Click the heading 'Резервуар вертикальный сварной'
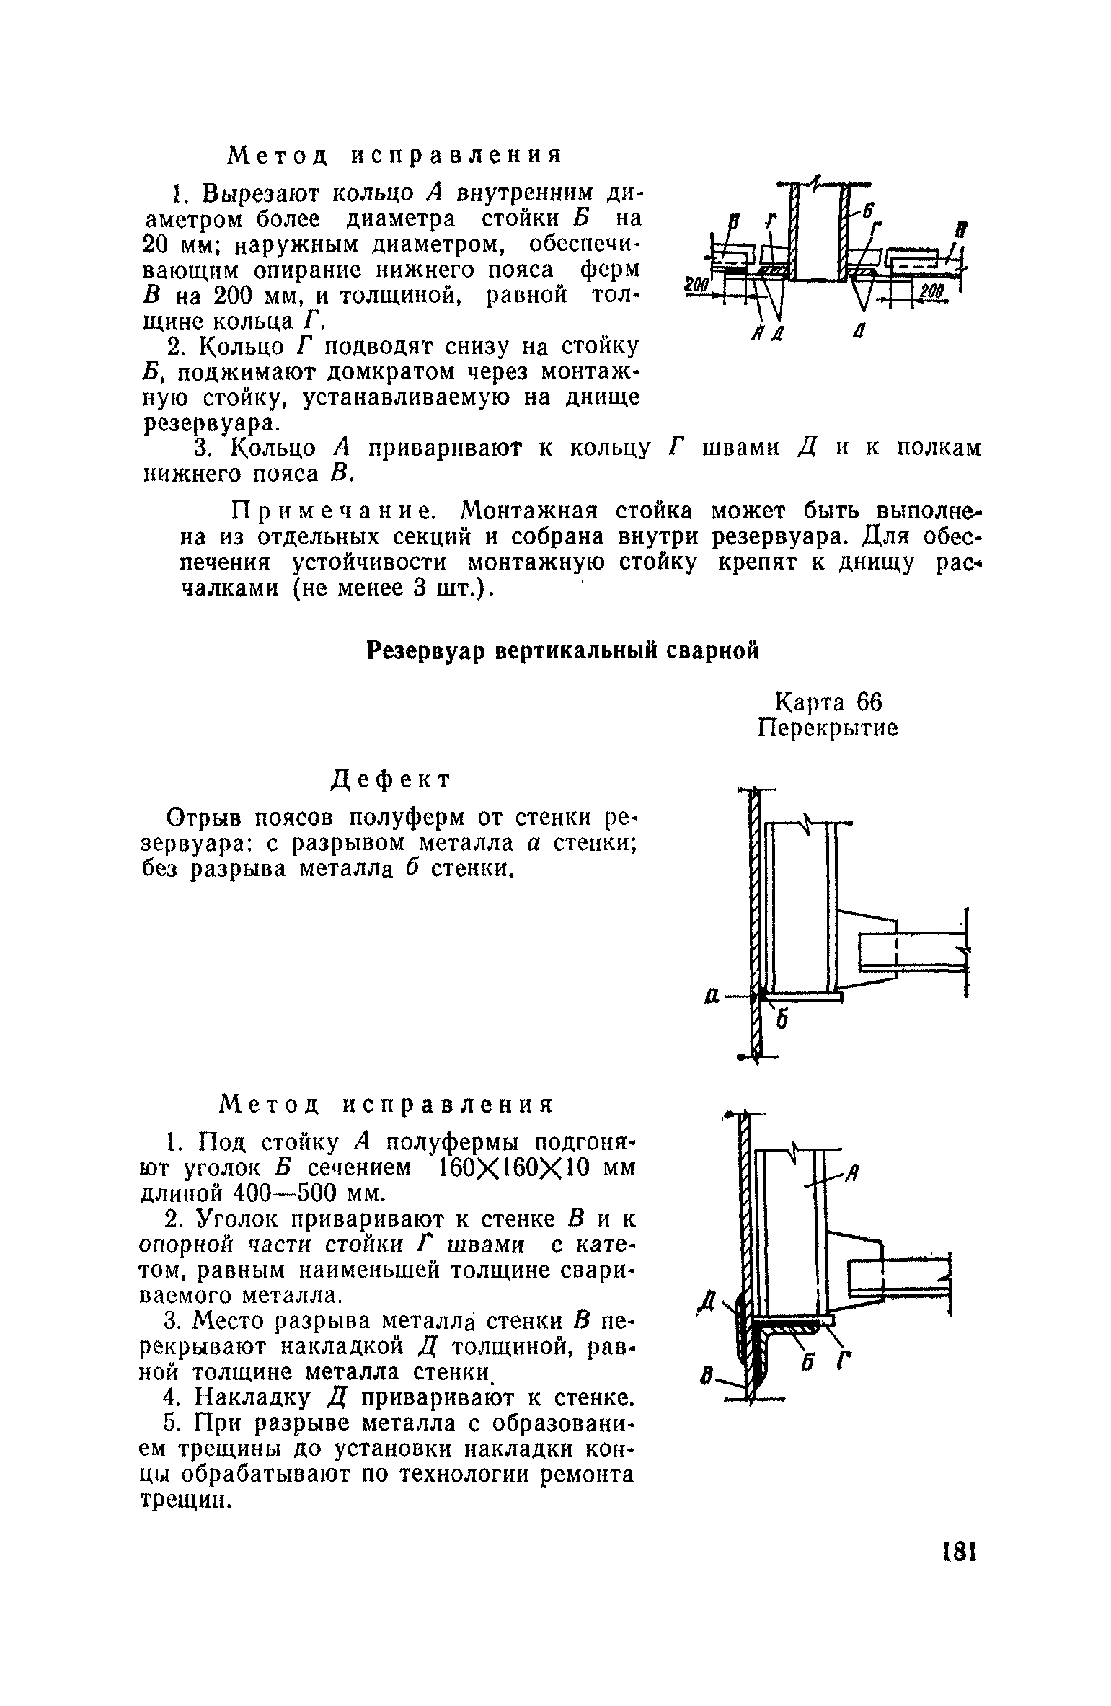click(x=563, y=651)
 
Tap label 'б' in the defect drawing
click(x=780, y=1022)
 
